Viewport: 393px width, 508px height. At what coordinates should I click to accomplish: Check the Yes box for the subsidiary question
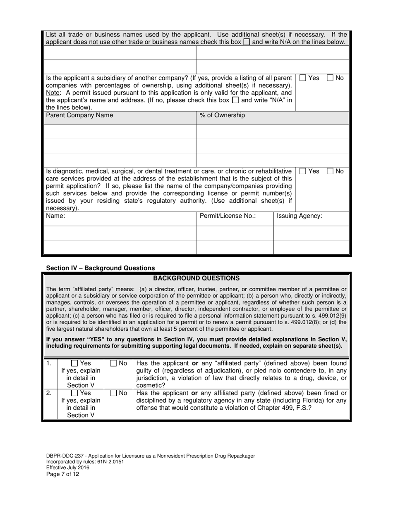click(x=303, y=78)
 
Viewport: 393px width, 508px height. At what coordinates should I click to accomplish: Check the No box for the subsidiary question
click(x=331, y=78)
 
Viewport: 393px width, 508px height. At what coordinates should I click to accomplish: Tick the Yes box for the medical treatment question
click(x=303, y=171)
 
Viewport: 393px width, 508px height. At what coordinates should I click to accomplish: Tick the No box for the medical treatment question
click(x=331, y=171)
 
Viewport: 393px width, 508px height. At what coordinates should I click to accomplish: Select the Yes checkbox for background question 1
click(x=75, y=363)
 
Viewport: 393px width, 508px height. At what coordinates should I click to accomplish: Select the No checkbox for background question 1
click(x=114, y=363)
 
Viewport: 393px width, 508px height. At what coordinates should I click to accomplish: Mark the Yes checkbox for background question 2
click(x=75, y=393)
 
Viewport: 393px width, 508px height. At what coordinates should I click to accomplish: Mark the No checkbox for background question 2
click(x=114, y=393)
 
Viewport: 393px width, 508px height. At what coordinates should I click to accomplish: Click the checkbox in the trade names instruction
click(x=247, y=42)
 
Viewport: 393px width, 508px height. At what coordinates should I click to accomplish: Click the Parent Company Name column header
click(x=79, y=115)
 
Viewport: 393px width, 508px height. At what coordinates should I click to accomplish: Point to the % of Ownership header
click(x=222, y=115)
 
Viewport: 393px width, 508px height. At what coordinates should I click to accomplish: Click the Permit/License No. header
click(x=228, y=216)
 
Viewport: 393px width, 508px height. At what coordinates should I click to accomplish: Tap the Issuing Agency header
click(x=299, y=216)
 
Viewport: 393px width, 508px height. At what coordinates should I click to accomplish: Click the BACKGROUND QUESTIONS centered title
click(x=196, y=278)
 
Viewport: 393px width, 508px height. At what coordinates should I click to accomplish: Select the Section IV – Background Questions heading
click(x=101, y=268)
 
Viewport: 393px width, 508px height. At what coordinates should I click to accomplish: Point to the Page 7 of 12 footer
click(x=62, y=474)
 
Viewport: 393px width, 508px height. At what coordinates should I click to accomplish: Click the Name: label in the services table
click(x=55, y=216)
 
